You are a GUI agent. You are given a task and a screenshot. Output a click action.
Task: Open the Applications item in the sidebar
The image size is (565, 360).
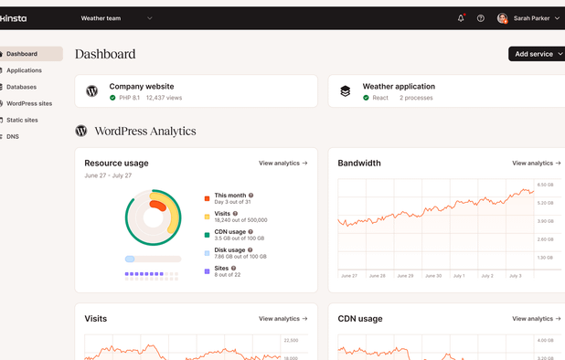pos(24,70)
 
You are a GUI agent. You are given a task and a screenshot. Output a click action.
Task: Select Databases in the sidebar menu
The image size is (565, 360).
pos(21,87)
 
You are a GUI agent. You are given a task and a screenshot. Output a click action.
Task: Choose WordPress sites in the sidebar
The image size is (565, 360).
pos(29,103)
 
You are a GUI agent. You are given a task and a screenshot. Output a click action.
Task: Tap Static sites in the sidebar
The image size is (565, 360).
pos(22,120)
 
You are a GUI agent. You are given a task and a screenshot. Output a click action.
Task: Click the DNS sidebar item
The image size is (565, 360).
pos(13,136)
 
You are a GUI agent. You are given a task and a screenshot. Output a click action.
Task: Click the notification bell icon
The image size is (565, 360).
pos(461,18)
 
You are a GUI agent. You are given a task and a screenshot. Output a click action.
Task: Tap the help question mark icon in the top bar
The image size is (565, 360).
pos(481,18)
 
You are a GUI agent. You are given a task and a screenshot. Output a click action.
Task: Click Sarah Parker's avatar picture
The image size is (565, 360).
pos(502,18)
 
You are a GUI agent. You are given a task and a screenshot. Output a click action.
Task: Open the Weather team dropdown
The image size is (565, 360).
pos(117,18)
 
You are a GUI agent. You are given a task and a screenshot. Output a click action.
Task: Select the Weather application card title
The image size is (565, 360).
pos(399,86)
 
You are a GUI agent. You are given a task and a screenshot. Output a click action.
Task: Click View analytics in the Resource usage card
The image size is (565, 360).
pos(282,164)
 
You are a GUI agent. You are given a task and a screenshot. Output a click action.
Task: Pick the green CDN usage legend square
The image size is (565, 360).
pos(208,234)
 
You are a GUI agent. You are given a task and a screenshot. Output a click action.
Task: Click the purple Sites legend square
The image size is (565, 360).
pos(208,270)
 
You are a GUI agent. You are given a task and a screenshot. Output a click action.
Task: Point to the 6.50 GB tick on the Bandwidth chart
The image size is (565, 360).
pos(544,185)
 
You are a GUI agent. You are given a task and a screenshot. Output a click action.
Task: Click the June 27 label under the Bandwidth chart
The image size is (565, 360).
pos(348,275)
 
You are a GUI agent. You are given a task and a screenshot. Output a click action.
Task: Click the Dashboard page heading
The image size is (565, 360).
pos(105,54)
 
